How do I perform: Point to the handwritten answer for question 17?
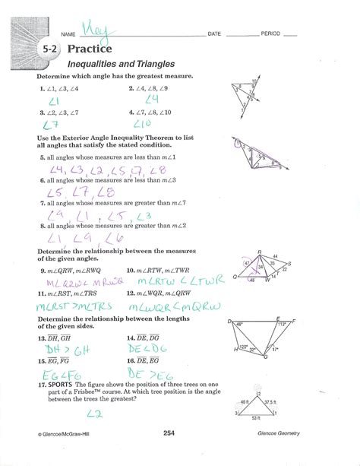[94, 414]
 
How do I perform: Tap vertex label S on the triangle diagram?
[290, 263]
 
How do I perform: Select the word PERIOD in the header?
[271, 35]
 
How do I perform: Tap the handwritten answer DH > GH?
[62, 349]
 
